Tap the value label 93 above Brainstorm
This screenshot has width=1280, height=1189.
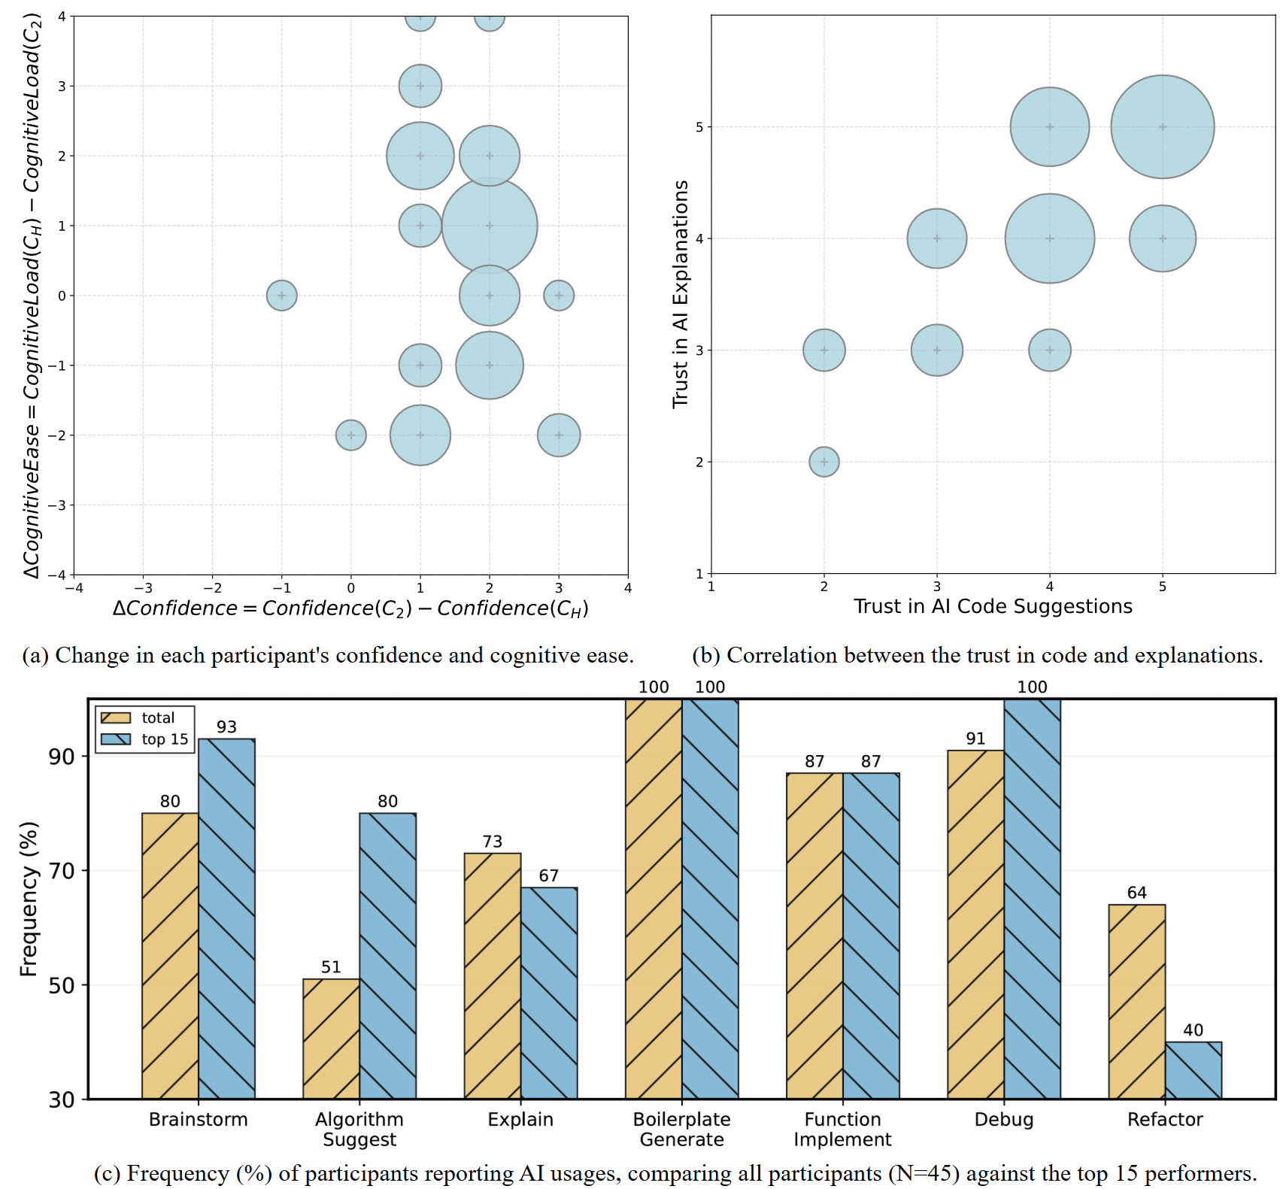pyautogui.click(x=226, y=726)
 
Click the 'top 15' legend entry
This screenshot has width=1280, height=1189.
pyautogui.click(x=165, y=739)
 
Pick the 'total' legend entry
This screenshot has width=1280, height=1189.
pyautogui.click(x=158, y=717)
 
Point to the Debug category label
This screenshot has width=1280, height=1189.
pyautogui.click(x=1003, y=1119)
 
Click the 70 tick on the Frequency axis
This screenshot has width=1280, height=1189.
pyautogui.click(x=62, y=871)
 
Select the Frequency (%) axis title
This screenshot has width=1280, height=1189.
pyautogui.click(x=29, y=899)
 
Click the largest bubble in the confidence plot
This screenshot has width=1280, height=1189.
pyautogui.click(x=490, y=226)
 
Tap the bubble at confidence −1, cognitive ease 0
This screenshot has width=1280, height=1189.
pyautogui.click(x=282, y=296)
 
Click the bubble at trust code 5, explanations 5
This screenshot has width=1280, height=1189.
pyautogui.click(x=1162, y=127)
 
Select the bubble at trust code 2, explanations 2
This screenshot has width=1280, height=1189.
pyautogui.click(x=824, y=462)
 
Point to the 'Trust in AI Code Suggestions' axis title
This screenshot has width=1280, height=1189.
pyautogui.click(x=993, y=606)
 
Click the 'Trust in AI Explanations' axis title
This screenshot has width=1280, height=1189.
pyautogui.click(x=681, y=294)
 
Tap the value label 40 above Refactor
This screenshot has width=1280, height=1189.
pyautogui.click(x=1193, y=1030)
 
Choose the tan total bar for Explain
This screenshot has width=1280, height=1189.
pyautogui.click(x=493, y=975)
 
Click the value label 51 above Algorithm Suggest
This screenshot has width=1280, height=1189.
pyautogui.click(x=331, y=967)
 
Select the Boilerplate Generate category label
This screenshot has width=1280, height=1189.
pyautogui.click(x=681, y=1129)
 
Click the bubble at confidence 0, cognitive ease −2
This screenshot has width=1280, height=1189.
pyautogui.click(x=351, y=435)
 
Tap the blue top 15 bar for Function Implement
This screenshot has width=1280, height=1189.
pyautogui.click(x=871, y=936)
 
